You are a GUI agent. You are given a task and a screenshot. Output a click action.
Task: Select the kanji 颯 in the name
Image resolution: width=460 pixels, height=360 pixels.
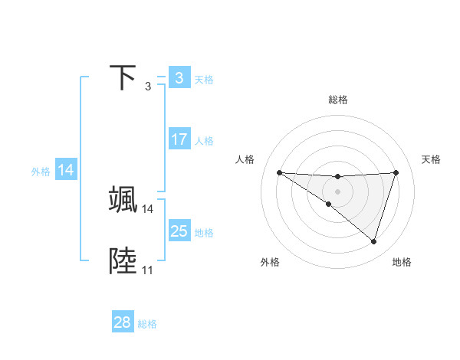coord(123,199)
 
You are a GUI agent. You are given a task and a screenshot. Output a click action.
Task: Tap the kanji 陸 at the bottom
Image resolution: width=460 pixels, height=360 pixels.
coord(123,261)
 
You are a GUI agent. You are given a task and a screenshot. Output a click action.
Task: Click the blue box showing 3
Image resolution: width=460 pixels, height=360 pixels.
coord(179,77)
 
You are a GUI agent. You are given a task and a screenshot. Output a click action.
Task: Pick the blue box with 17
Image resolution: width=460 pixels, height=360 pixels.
coord(179,139)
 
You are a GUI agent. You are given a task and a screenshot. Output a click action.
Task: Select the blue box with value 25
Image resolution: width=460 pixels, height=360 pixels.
coord(179,231)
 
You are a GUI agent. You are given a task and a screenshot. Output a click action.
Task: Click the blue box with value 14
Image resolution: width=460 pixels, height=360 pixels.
coord(66,171)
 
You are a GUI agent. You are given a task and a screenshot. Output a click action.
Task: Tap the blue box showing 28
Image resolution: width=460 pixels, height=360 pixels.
coord(122,323)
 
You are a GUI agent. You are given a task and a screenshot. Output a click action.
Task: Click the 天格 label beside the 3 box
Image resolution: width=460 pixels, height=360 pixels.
coord(204,79)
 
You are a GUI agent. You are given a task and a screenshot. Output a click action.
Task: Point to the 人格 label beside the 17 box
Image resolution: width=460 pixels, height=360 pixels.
coord(204,141)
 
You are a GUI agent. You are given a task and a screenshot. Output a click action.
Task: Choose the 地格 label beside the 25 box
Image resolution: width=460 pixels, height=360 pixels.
coord(204,233)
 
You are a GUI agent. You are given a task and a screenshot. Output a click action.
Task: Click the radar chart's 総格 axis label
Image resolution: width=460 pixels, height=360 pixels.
coord(338,100)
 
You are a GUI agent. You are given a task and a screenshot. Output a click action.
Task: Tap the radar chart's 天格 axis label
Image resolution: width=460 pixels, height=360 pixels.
coord(431,159)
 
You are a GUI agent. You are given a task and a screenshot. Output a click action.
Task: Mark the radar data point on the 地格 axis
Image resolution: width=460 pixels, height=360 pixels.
coord(374,242)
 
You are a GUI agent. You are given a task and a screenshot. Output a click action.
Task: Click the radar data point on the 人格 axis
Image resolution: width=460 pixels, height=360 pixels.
coord(279,172)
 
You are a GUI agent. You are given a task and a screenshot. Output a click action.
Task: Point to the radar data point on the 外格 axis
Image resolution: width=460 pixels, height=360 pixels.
coord(329,204)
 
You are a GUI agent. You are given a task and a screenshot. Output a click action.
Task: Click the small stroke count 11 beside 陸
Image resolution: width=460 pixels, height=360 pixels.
coord(147,270)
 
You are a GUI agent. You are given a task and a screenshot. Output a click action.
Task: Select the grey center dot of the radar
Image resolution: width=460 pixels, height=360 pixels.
coord(338,191)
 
